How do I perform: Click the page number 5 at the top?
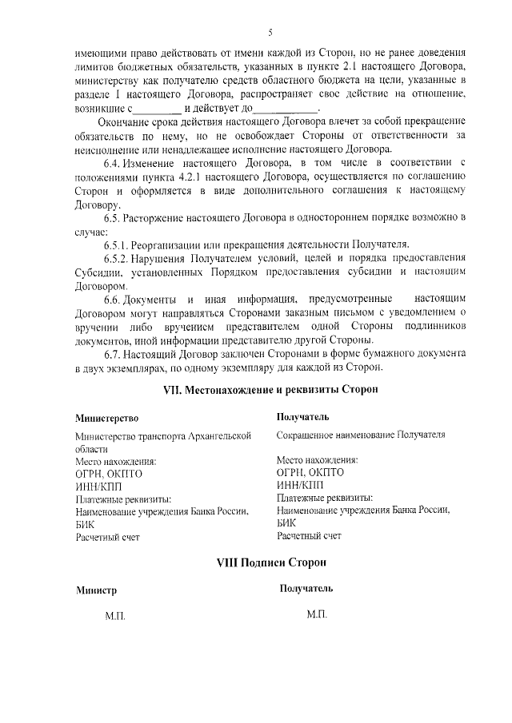click(271, 32)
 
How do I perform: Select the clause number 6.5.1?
click(119, 244)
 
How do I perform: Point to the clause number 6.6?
click(116, 298)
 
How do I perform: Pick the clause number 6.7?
click(116, 353)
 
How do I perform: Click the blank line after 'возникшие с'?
click(157, 109)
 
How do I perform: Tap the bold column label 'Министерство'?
click(107, 418)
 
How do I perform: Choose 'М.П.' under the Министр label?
click(115, 617)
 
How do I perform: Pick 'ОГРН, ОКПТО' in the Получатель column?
click(309, 472)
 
